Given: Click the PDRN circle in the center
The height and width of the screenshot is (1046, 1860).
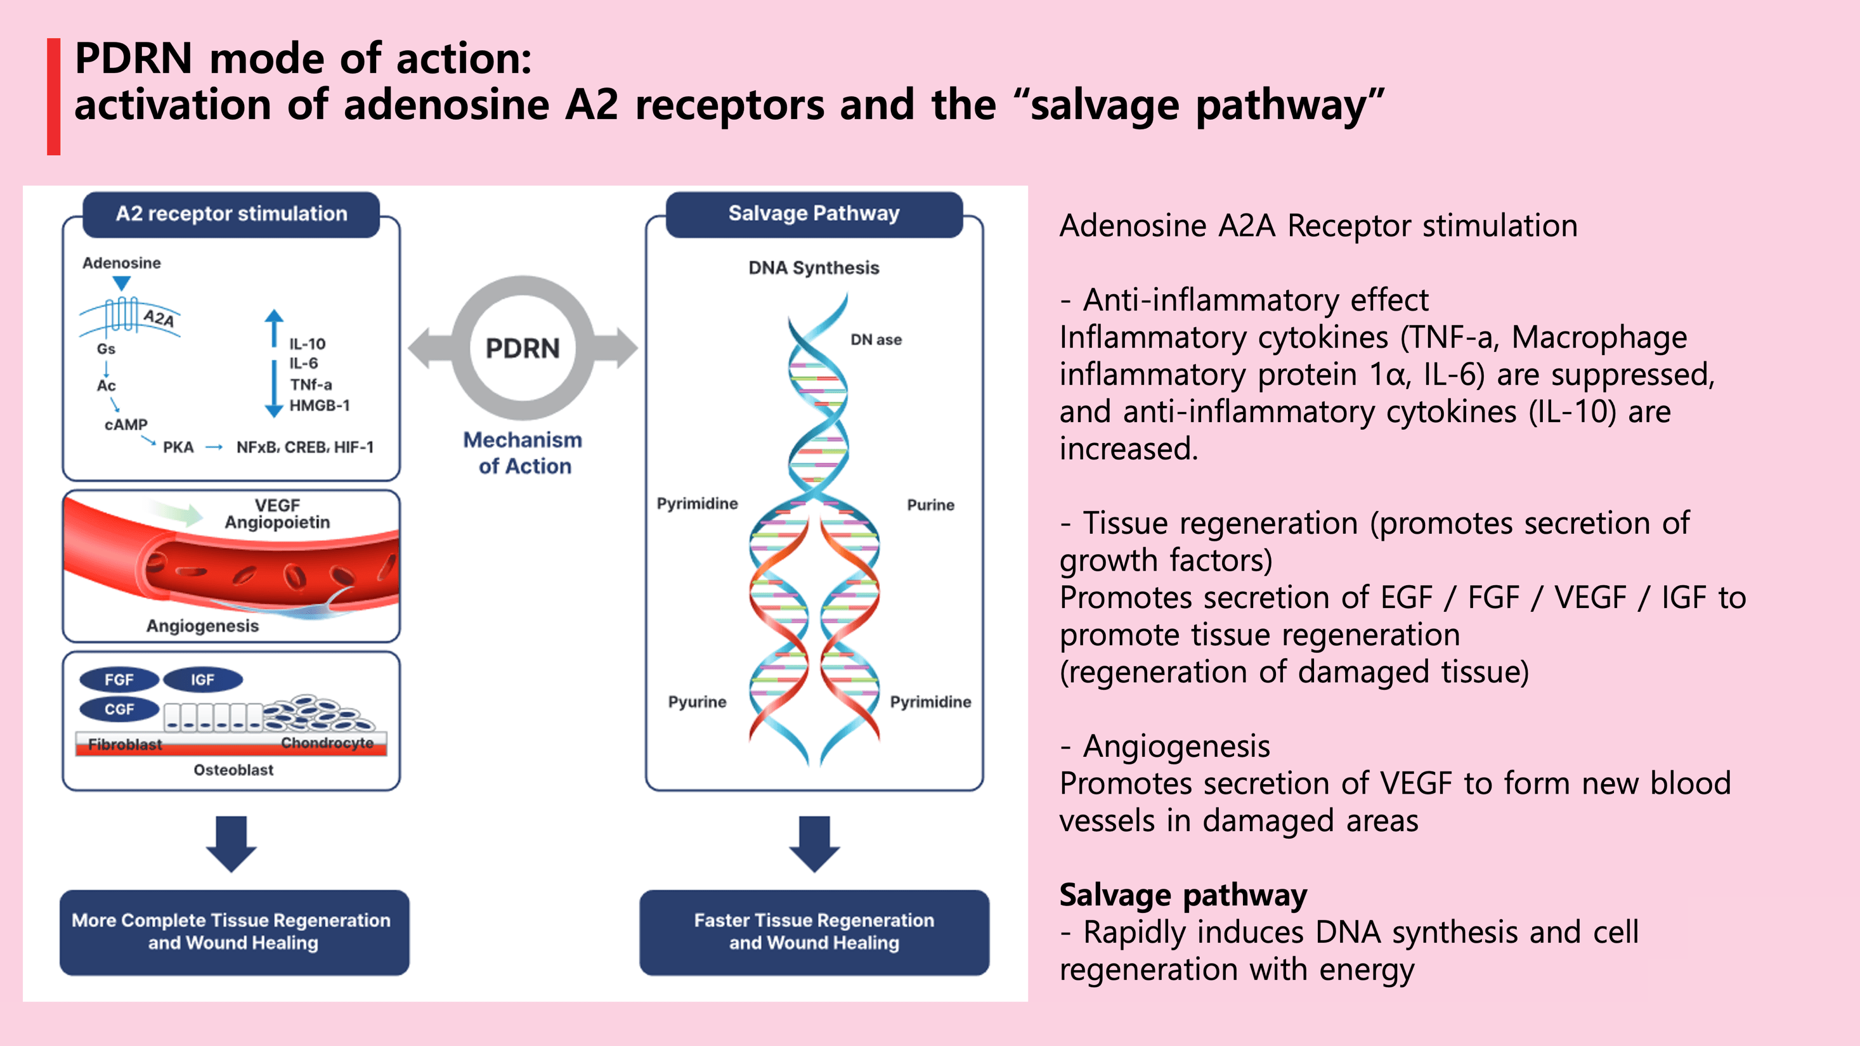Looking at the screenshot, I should point(522,348).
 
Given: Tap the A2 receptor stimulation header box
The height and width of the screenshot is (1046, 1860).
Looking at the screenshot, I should point(231,214).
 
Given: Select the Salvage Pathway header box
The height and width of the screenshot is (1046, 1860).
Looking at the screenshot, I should point(814,214).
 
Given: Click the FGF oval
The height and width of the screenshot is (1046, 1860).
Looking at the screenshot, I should point(119,680).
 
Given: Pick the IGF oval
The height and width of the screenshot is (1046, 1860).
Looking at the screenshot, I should point(202,680).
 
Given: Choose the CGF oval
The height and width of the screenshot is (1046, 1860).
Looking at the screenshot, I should point(119,709).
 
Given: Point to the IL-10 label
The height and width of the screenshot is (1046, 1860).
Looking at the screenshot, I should point(308,344).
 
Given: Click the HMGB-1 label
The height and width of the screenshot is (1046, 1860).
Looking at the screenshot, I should point(319,406).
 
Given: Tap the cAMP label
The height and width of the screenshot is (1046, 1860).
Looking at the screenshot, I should point(126,425).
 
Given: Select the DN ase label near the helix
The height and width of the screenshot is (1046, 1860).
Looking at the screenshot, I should point(876,339).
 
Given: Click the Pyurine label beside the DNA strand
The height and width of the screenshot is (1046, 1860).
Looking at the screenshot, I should point(697,702).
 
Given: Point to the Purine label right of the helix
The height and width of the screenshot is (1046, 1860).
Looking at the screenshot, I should point(930,505).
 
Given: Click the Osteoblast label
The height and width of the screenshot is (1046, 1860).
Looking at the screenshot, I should point(233,770).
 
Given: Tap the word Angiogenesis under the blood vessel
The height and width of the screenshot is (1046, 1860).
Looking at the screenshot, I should point(202,626).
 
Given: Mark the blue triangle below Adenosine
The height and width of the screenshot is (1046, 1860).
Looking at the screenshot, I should point(122,283).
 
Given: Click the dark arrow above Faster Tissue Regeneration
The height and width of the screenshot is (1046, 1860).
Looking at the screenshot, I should point(814,843).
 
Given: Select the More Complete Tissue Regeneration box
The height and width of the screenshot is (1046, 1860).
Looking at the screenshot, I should point(234,932).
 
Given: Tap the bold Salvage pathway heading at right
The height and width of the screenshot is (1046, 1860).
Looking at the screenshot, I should point(1183,895).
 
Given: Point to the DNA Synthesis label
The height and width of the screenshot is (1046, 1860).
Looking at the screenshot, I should point(814,268).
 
